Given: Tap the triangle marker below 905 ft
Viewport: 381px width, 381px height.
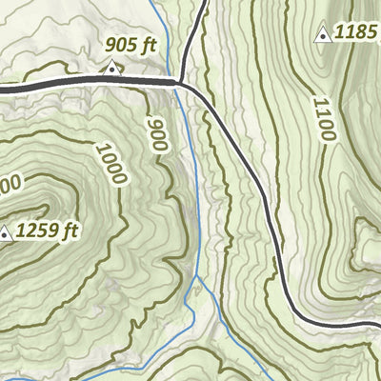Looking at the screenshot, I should tap(112, 67).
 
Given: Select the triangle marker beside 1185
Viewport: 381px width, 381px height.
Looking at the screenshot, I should tap(323, 34).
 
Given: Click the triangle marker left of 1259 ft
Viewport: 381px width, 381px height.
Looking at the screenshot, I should tap(5, 231).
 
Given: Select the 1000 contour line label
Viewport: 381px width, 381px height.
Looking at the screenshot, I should tap(110, 162).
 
